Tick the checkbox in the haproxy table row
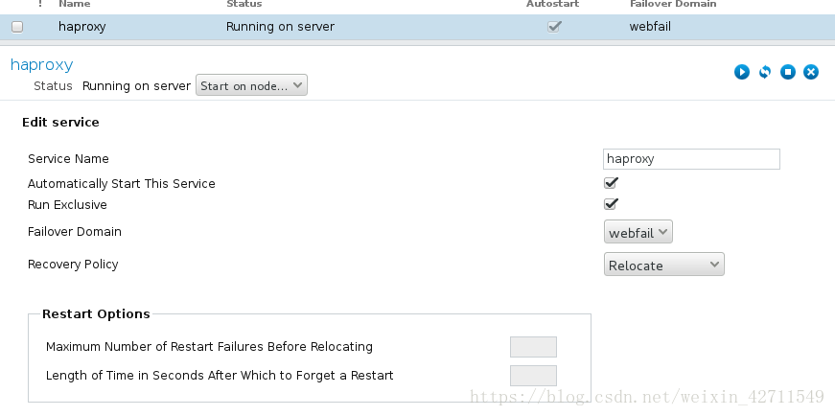(x=17, y=27)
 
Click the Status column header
(x=244, y=5)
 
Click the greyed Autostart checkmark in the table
(x=554, y=27)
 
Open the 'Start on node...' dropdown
(x=251, y=86)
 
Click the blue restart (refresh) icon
(x=765, y=72)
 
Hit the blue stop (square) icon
(x=788, y=72)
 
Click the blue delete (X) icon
(x=811, y=72)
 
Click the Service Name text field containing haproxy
(x=691, y=159)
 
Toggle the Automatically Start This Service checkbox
(x=611, y=183)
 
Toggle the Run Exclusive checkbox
(x=611, y=204)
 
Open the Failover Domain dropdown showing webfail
(x=638, y=232)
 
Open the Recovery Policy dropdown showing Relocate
(x=664, y=265)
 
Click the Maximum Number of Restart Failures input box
(x=533, y=347)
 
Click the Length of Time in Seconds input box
(x=533, y=375)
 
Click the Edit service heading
(x=60, y=123)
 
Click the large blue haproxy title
(x=41, y=65)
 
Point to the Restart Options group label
(x=96, y=313)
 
